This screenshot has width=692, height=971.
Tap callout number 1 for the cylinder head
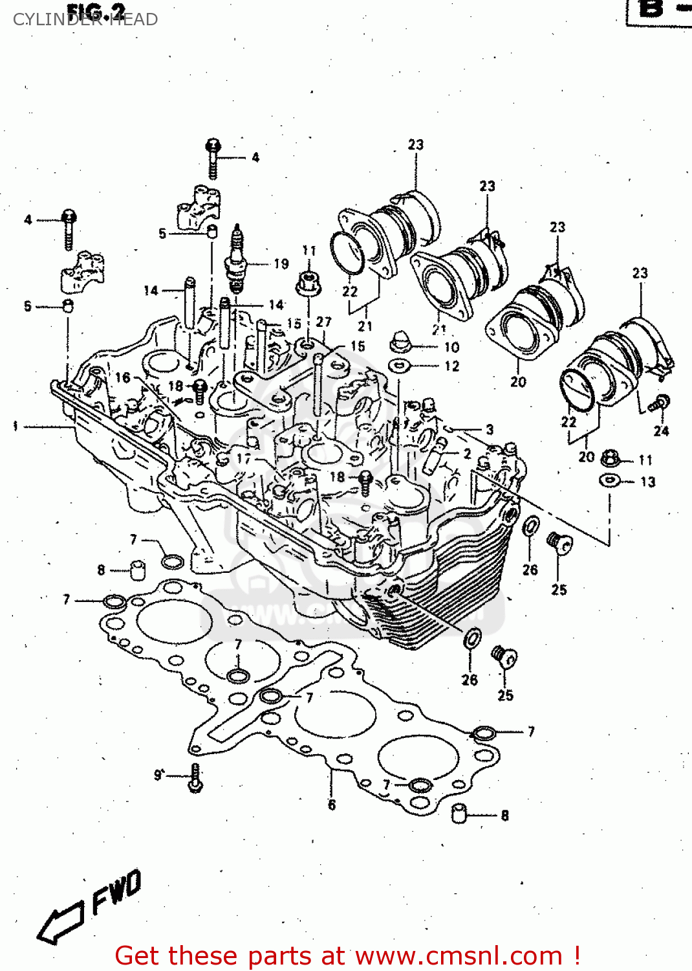(15, 426)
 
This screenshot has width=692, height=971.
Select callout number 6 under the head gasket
(332, 805)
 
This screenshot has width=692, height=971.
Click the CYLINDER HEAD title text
(85, 20)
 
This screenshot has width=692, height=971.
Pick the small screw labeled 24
(661, 403)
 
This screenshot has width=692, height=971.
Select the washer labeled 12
(400, 366)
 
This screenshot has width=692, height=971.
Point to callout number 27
(323, 322)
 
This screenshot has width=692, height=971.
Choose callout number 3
(490, 429)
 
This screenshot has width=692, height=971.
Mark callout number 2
(467, 454)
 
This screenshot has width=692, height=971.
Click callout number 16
(123, 377)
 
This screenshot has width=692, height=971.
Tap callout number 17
(244, 458)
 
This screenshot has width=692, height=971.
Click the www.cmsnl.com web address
(459, 956)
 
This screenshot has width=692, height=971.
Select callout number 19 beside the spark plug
(281, 263)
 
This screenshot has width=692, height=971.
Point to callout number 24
(661, 431)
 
